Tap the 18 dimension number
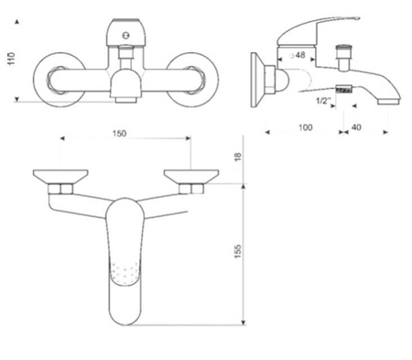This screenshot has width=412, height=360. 236,158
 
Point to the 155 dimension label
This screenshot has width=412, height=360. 236,250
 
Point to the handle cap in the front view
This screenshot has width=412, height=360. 123,33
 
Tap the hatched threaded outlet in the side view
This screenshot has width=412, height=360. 344,91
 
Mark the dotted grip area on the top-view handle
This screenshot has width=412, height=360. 125,272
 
